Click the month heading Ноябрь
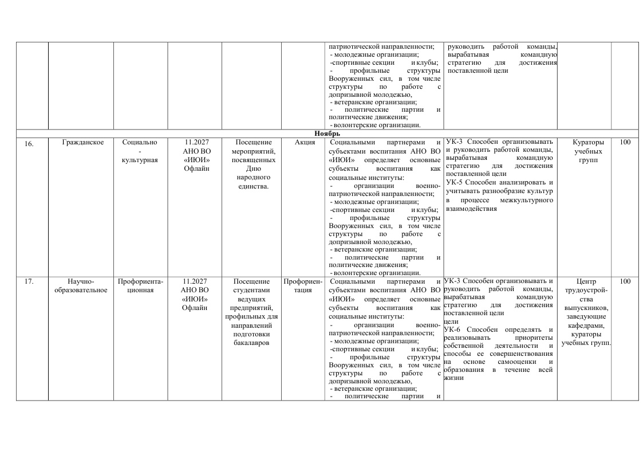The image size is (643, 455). click(x=327, y=134)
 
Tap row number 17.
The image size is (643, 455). click(x=29, y=281)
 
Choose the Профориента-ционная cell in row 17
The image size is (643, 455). click(x=140, y=285)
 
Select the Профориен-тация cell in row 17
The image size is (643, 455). click(x=303, y=285)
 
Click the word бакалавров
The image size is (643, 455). click(x=251, y=343)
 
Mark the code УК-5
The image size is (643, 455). click(x=453, y=182)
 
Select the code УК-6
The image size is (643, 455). click(x=453, y=330)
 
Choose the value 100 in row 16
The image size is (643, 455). click(x=625, y=142)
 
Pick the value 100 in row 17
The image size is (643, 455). click(x=625, y=281)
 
